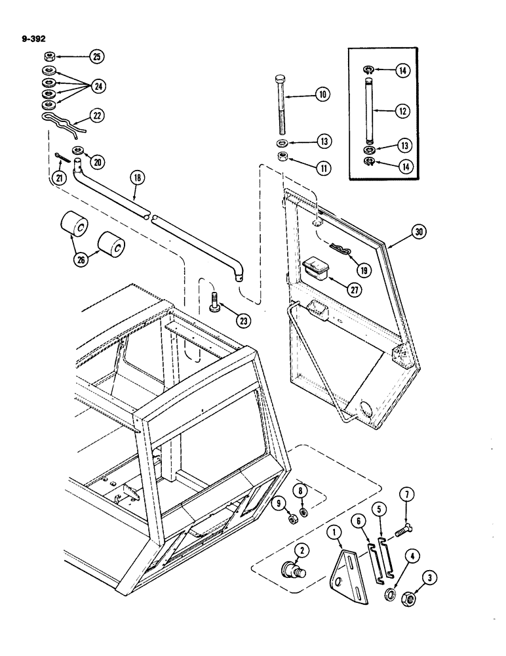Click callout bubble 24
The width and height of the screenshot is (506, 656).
(x=98, y=86)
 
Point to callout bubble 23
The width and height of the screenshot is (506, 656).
(x=243, y=321)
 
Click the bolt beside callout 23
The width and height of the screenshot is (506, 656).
(x=216, y=304)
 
